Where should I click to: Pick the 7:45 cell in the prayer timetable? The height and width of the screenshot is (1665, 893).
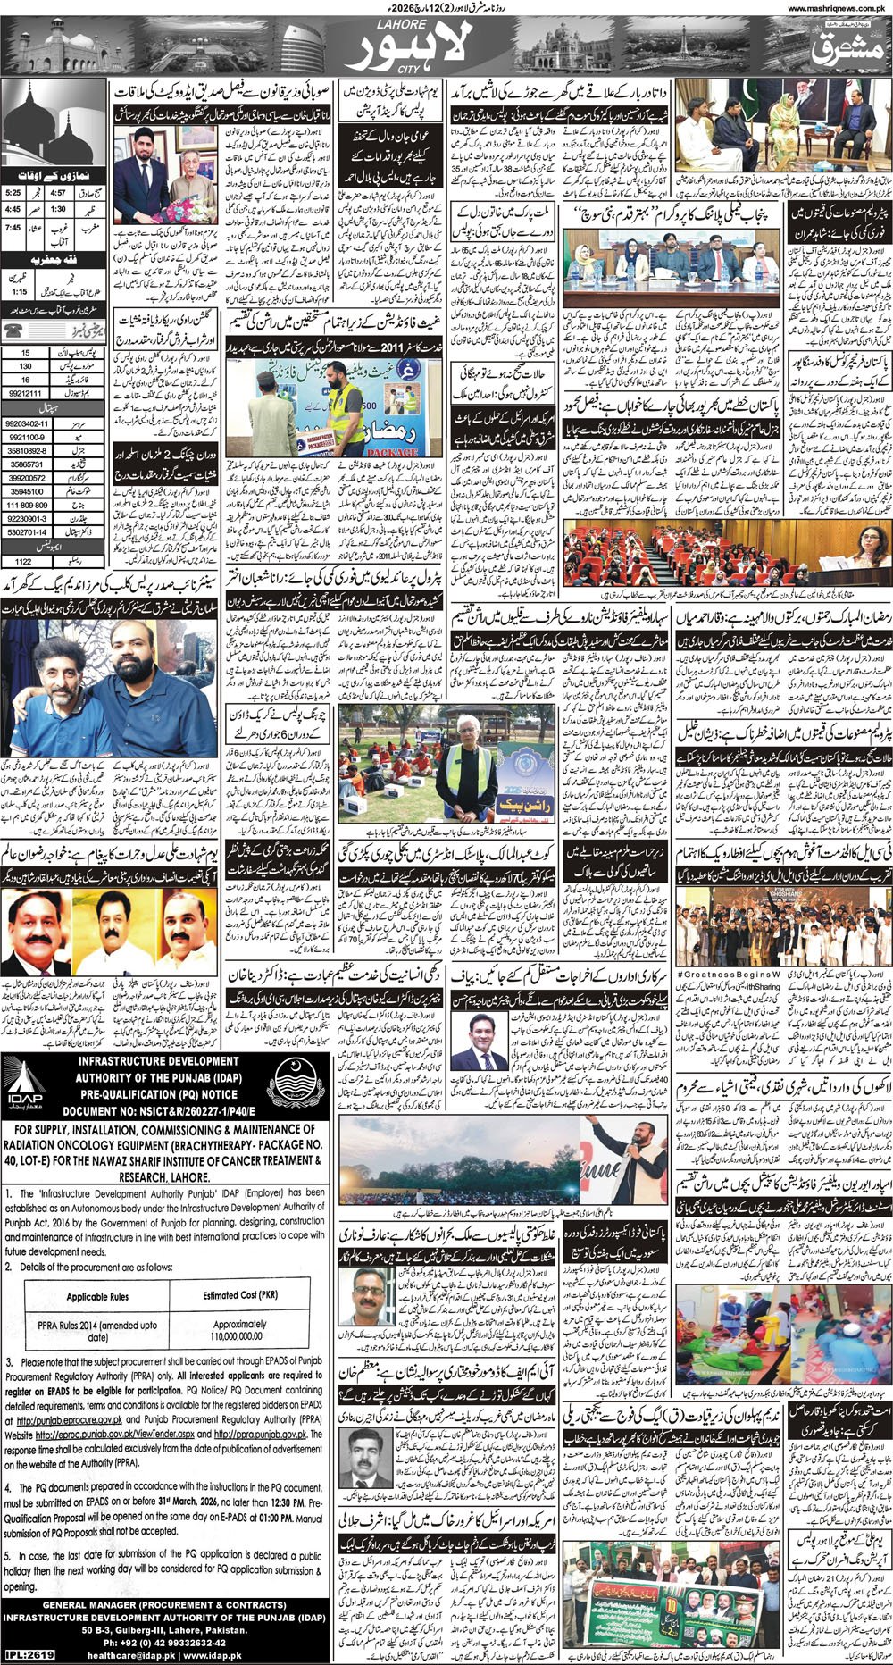pos(13,228)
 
